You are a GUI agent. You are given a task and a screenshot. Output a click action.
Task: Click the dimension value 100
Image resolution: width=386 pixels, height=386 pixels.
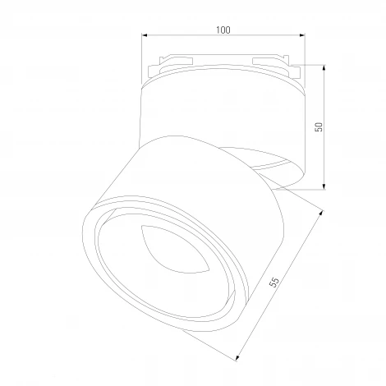(x=223, y=30)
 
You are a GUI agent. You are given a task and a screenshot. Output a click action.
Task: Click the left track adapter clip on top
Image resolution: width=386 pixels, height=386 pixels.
(x=174, y=62)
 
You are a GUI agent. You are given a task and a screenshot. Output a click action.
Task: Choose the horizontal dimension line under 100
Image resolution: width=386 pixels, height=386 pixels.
(x=189, y=36)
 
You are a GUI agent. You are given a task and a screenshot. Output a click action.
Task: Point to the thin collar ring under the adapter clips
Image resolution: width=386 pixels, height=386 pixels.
(x=222, y=79)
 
